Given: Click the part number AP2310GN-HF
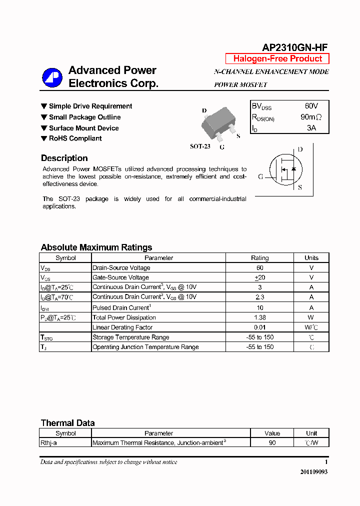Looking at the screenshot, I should click(x=295, y=47).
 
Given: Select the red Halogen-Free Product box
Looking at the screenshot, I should click(x=277, y=58).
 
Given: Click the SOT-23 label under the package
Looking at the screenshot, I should click(x=200, y=146).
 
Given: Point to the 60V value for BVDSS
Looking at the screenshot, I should click(x=311, y=106).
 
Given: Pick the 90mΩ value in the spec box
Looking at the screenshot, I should click(x=311, y=117).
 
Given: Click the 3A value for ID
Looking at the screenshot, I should click(x=311, y=128).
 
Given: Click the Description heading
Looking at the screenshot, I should click(x=64, y=158).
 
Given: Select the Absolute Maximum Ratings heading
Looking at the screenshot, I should click(x=96, y=247).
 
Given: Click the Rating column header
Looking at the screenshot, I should click(x=259, y=258).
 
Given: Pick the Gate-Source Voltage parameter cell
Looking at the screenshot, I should click(x=120, y=277).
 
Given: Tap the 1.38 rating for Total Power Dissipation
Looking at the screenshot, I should click(x=259, y=317).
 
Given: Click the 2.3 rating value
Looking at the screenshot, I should click(x=259, y=297).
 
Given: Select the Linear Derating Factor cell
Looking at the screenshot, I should click(x=122, y=327).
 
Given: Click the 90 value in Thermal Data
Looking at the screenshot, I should click(x=272, y=443).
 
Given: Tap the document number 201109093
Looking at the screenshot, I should click(x=313, y=472).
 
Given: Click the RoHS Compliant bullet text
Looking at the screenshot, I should click(x=75, y=138).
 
